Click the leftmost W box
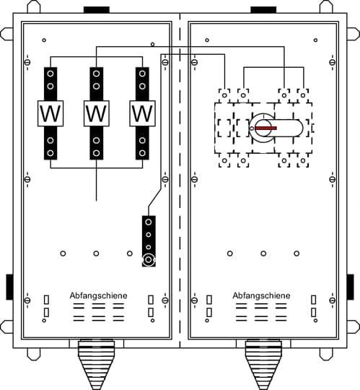tap(51, 113)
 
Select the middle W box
tap(97, 113)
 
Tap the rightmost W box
tap(142, 113)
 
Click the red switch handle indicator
tap(265, 128)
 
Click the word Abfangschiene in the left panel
tap(98, 295)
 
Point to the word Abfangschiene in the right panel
tap(261, 295)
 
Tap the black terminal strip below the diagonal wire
tap(149, 241)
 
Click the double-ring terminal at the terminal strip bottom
tap(149, 260)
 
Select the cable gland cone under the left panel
tap(96, 365)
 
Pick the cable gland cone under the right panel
tap(263, 365)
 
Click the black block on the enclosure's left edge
tap(9, 287)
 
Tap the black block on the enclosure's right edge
tap(350, 287)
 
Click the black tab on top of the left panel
tap(97, 10)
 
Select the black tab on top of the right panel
tap(263, 10)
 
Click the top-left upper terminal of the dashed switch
tap(224, 95)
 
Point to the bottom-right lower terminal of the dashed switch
tap(303, 160)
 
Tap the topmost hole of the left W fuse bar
tap(51, 74)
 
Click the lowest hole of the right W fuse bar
tap(142, 153)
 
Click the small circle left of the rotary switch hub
tap(252, 129)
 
